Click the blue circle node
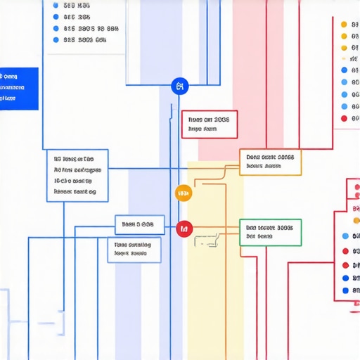[x=181, y=86]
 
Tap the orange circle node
[x=183, y=193]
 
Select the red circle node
[x=184, y=228]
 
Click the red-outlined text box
[x=210, y=124]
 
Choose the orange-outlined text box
[x=270, y=162]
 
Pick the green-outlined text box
[x=270, y=232]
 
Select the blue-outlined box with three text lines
[x=77, y=175]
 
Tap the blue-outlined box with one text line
[x=139, y=225]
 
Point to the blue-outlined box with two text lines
[x=134, y=250]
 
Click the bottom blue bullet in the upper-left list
[x=56, y=41]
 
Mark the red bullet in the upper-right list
[x=344, y=118]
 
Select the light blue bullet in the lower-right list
[x=345, y=237]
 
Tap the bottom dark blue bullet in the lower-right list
[x=345, y=290]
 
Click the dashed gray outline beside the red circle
[x=205, y=241]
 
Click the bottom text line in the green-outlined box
[x=259, y=237]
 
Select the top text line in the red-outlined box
[x=210, y=120]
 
